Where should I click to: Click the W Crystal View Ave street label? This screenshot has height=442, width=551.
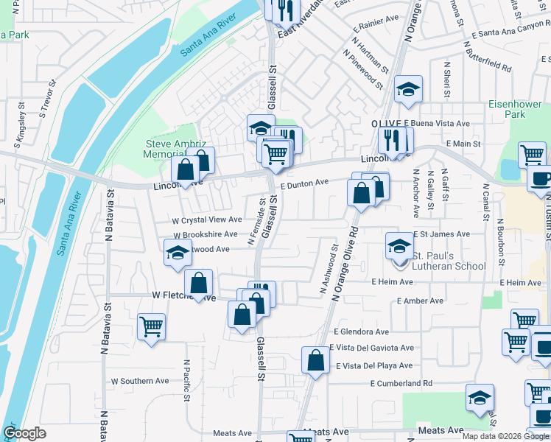207,220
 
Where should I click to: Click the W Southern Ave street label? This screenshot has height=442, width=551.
140,381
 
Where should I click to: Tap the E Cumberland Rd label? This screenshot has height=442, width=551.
401,383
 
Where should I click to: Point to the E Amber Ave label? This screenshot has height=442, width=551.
420,301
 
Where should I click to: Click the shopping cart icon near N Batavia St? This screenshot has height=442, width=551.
151,326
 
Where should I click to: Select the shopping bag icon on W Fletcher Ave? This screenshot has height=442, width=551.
198,282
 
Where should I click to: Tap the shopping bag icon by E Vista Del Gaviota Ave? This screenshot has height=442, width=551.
315,361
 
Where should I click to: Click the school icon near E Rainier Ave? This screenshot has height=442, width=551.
408,89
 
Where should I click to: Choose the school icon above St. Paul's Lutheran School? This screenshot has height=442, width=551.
399,245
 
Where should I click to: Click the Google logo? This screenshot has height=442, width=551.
24,433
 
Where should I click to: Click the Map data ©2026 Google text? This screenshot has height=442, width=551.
505,436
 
